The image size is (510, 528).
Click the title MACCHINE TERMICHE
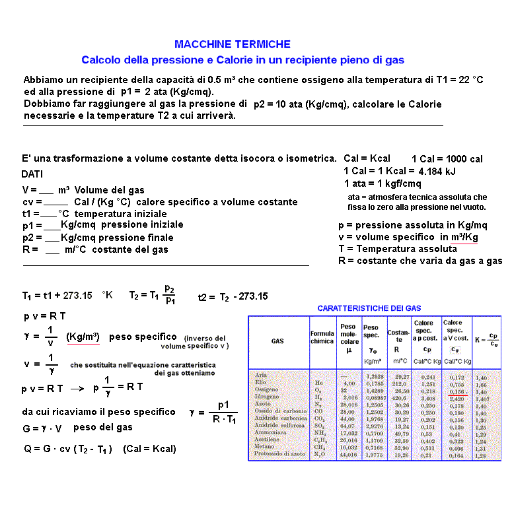[x=232, y=44]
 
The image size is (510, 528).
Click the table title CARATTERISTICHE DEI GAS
[x=369, y=308]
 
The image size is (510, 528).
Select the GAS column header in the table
[x=277, y=341]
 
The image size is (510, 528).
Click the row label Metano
[x=265, y=447]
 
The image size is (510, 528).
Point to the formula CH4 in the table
[x=320, y=447]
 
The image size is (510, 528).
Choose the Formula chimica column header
[x=322, y=337]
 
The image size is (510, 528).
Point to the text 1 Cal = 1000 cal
[x=447, y=159]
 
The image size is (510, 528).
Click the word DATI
[x=33, y=174]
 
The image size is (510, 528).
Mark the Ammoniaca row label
[x=270, y=433]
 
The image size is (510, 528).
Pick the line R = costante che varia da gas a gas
[x=420, y=261]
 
